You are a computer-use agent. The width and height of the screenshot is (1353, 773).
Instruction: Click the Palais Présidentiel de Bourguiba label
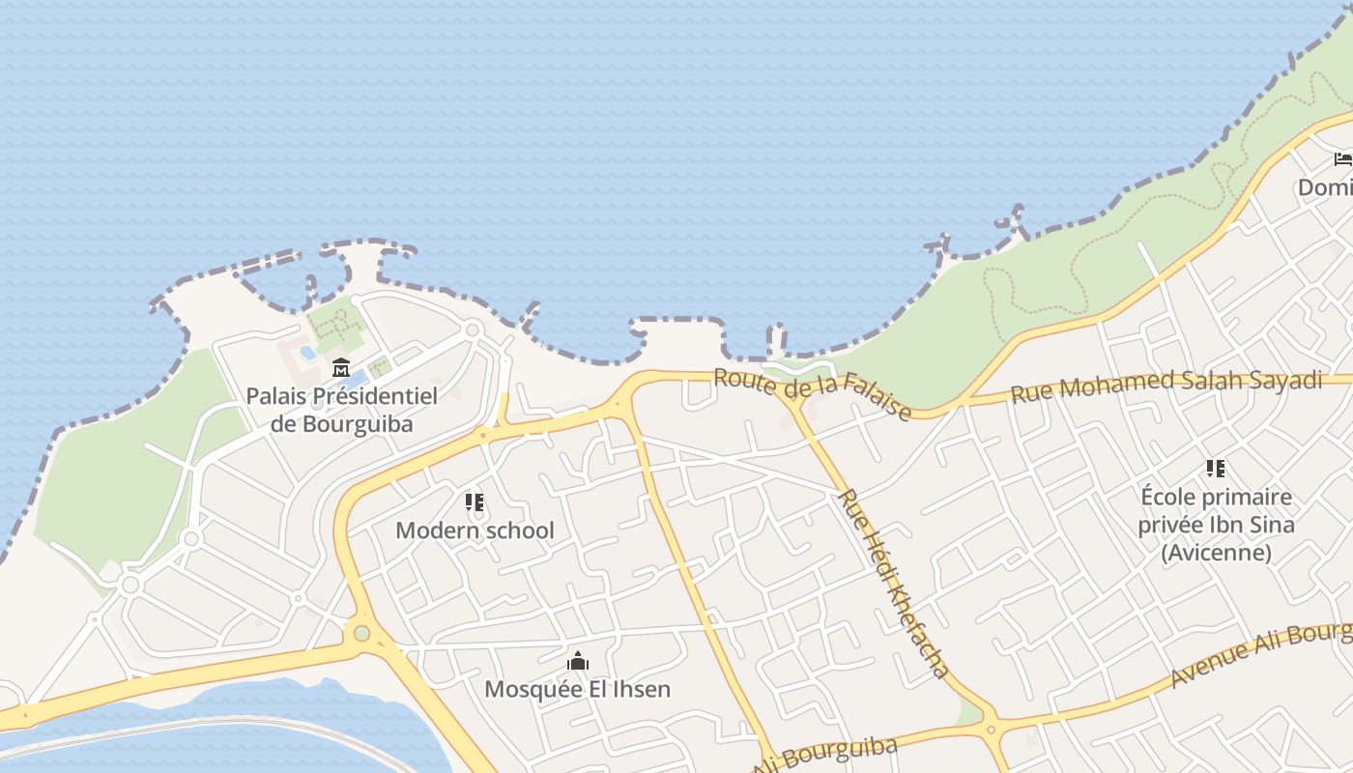click(x=341, y=410)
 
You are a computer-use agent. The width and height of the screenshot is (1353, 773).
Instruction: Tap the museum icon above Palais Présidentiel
click(x=340, y=368)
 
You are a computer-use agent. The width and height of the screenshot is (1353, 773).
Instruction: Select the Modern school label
click(x=475, y=530)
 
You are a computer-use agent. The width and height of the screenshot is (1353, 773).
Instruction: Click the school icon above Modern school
click(x=474, y=502)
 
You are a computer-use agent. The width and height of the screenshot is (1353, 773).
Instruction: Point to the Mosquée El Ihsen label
click(x=577, y=689)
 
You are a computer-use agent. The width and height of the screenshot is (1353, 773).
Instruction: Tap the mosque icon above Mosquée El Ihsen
click(x=578, y=662)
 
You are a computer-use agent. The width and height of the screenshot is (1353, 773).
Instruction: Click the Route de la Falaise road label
click(x=812, y=394)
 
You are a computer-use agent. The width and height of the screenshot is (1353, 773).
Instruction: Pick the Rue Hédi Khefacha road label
click(x=893, y=584)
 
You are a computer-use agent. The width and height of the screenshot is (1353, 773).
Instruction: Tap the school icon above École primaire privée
click(x=1216, y=469)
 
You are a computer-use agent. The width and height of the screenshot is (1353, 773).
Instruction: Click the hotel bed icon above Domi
click(x=1342, y=159)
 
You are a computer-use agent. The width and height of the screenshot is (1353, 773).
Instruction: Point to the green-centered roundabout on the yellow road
click(x=361, y=633)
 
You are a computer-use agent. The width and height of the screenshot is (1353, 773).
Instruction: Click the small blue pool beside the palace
click(x=308, y=353)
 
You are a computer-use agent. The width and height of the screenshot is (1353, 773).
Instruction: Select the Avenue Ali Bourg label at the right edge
click(x=1260, y=655)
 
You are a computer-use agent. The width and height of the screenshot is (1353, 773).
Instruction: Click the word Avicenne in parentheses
click(x=1216, y=553)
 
